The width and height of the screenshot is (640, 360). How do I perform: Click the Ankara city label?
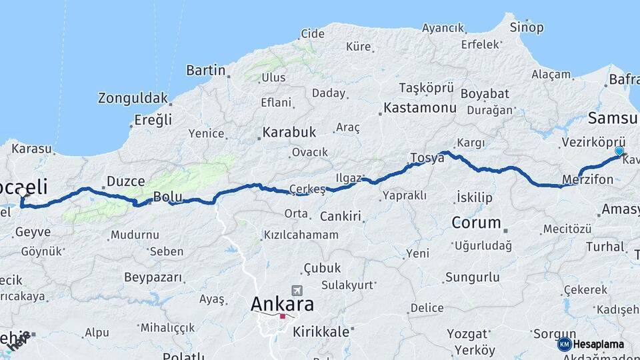282,304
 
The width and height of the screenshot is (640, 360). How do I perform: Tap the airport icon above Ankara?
296,291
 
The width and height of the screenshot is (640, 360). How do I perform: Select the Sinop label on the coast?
526,27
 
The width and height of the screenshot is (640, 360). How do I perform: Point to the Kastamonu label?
419,107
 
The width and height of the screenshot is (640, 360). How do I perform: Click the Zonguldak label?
133,98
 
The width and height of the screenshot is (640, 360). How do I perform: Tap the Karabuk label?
289,132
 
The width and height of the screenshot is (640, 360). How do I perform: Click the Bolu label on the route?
167,197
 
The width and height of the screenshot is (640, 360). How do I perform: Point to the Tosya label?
427,158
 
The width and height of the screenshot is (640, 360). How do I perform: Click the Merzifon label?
587,181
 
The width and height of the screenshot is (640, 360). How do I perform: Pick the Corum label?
476,223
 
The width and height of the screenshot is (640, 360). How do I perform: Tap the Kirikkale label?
321,331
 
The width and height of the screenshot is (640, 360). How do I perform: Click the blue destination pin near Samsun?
619,151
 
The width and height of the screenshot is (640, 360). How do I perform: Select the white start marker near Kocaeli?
23,193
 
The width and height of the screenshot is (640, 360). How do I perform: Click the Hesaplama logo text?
600,344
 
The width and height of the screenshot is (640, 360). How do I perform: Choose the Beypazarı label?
153,276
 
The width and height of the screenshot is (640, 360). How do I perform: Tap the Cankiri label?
340,217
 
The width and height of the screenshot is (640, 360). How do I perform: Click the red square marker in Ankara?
283,317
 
